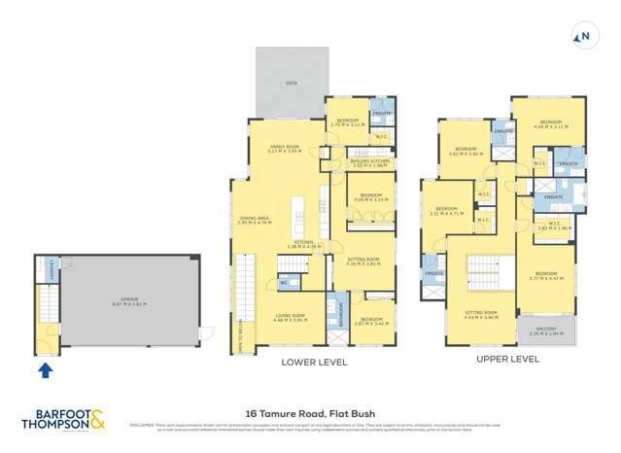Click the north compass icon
(583, 38)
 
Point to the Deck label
(290, 84)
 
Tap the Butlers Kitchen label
(368, 164)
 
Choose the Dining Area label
(252, 220)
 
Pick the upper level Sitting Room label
(480, 315)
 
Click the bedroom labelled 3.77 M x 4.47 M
(550, 276)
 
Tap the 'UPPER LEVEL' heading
(507, 358)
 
